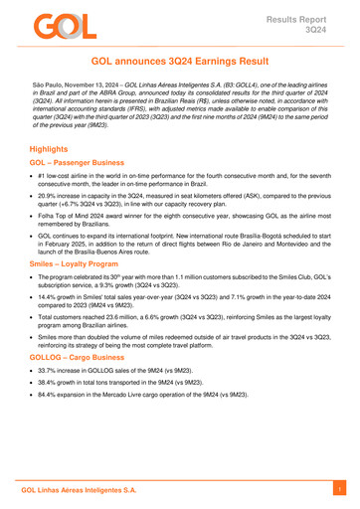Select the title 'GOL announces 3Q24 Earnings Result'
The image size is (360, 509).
[180, 62]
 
